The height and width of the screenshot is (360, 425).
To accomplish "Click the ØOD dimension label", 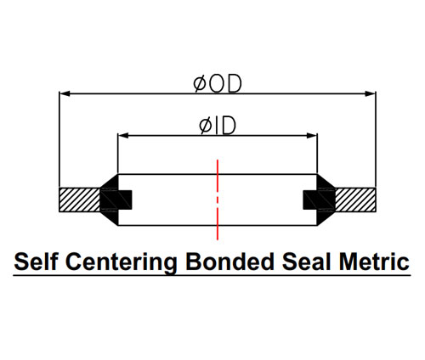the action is click(218, 84).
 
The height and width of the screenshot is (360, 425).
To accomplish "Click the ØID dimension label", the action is click(218, 126).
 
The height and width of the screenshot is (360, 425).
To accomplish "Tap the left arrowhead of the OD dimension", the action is click(65, 93).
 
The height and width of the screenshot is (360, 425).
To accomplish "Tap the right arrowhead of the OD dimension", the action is click(371, 93).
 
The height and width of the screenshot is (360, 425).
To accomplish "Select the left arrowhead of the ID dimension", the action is click(123, 136).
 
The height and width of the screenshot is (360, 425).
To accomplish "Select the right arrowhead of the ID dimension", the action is click(312, 136).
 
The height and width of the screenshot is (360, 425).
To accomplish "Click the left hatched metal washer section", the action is click(80, 200).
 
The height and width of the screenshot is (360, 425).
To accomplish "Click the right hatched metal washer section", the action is click(355, 200).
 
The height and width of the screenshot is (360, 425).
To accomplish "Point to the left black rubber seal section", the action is click(113, 200).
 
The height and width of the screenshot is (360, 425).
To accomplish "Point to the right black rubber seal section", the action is click(321, 200).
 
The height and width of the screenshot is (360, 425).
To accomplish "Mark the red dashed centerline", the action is click(218, 200).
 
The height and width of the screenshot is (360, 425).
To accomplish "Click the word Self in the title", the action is click(36, 262).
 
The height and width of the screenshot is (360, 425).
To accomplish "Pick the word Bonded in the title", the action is click(229, 262).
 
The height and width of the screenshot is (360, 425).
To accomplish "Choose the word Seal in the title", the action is click(307, 262).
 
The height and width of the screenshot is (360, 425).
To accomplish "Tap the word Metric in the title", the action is click(374, 262).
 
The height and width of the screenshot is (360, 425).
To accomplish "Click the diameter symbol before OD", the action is click(200, 84).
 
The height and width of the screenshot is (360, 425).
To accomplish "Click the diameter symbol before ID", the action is click(206, 126).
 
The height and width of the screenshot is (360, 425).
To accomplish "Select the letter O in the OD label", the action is click(217, 84).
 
